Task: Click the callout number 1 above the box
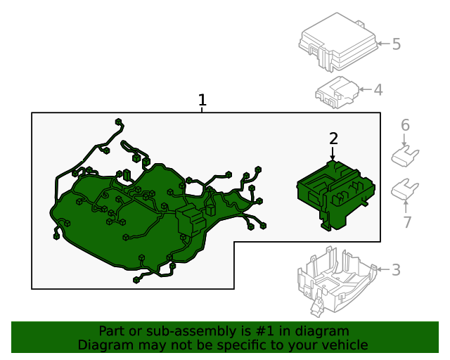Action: pyautogui.click(x=202, y=100)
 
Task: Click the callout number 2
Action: pyautogui.click(x=333, y=139)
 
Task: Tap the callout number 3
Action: pyautogui.click(x=396, y=270)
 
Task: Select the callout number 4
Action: pyautogui.click(x=378, y=90)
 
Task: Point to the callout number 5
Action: pyautogui.click(x=397, y=44)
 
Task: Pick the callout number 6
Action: pyautogui.click(x=405, y=125)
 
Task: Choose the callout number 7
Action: pyautogui.click(x=407, y=222)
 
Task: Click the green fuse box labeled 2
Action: pyautogui.click(x=336, y=195)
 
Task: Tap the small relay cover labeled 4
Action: pyautogui.click(x=337, y=92)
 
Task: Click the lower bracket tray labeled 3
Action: pyautogui.click(x=337, y=281)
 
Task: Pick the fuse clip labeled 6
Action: pyautogui.click(x=405, y=156)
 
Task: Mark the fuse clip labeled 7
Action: pyautogui.click(x=405, y=189)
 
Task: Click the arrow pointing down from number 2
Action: pyautogui.click(x=333, y=153)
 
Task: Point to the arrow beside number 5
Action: pyautogui.click(x=383, y=44)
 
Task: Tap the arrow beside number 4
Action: pyautogui.click(x=366, y=89)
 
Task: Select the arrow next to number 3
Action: pyautogui.click(x=383, y=269)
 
